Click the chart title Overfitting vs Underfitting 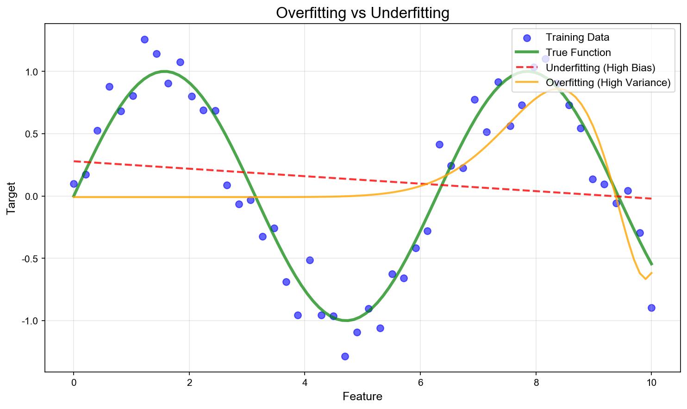pos(362,13)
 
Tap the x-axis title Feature pos(362,397)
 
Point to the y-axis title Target pos(11,198)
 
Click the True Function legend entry pos(563,52)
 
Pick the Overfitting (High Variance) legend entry pos(593,82)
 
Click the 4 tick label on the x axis pos(305,383)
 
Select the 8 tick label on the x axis pos(536,383)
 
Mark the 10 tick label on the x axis pos(651,383)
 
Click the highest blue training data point pos(144,39)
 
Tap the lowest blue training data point pos(345,356)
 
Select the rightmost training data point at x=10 pos(651,308)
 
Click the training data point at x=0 pos(74,184)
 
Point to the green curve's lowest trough pos(346,320)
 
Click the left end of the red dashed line pos(74,161)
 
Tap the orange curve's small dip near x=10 pos(645,279)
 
